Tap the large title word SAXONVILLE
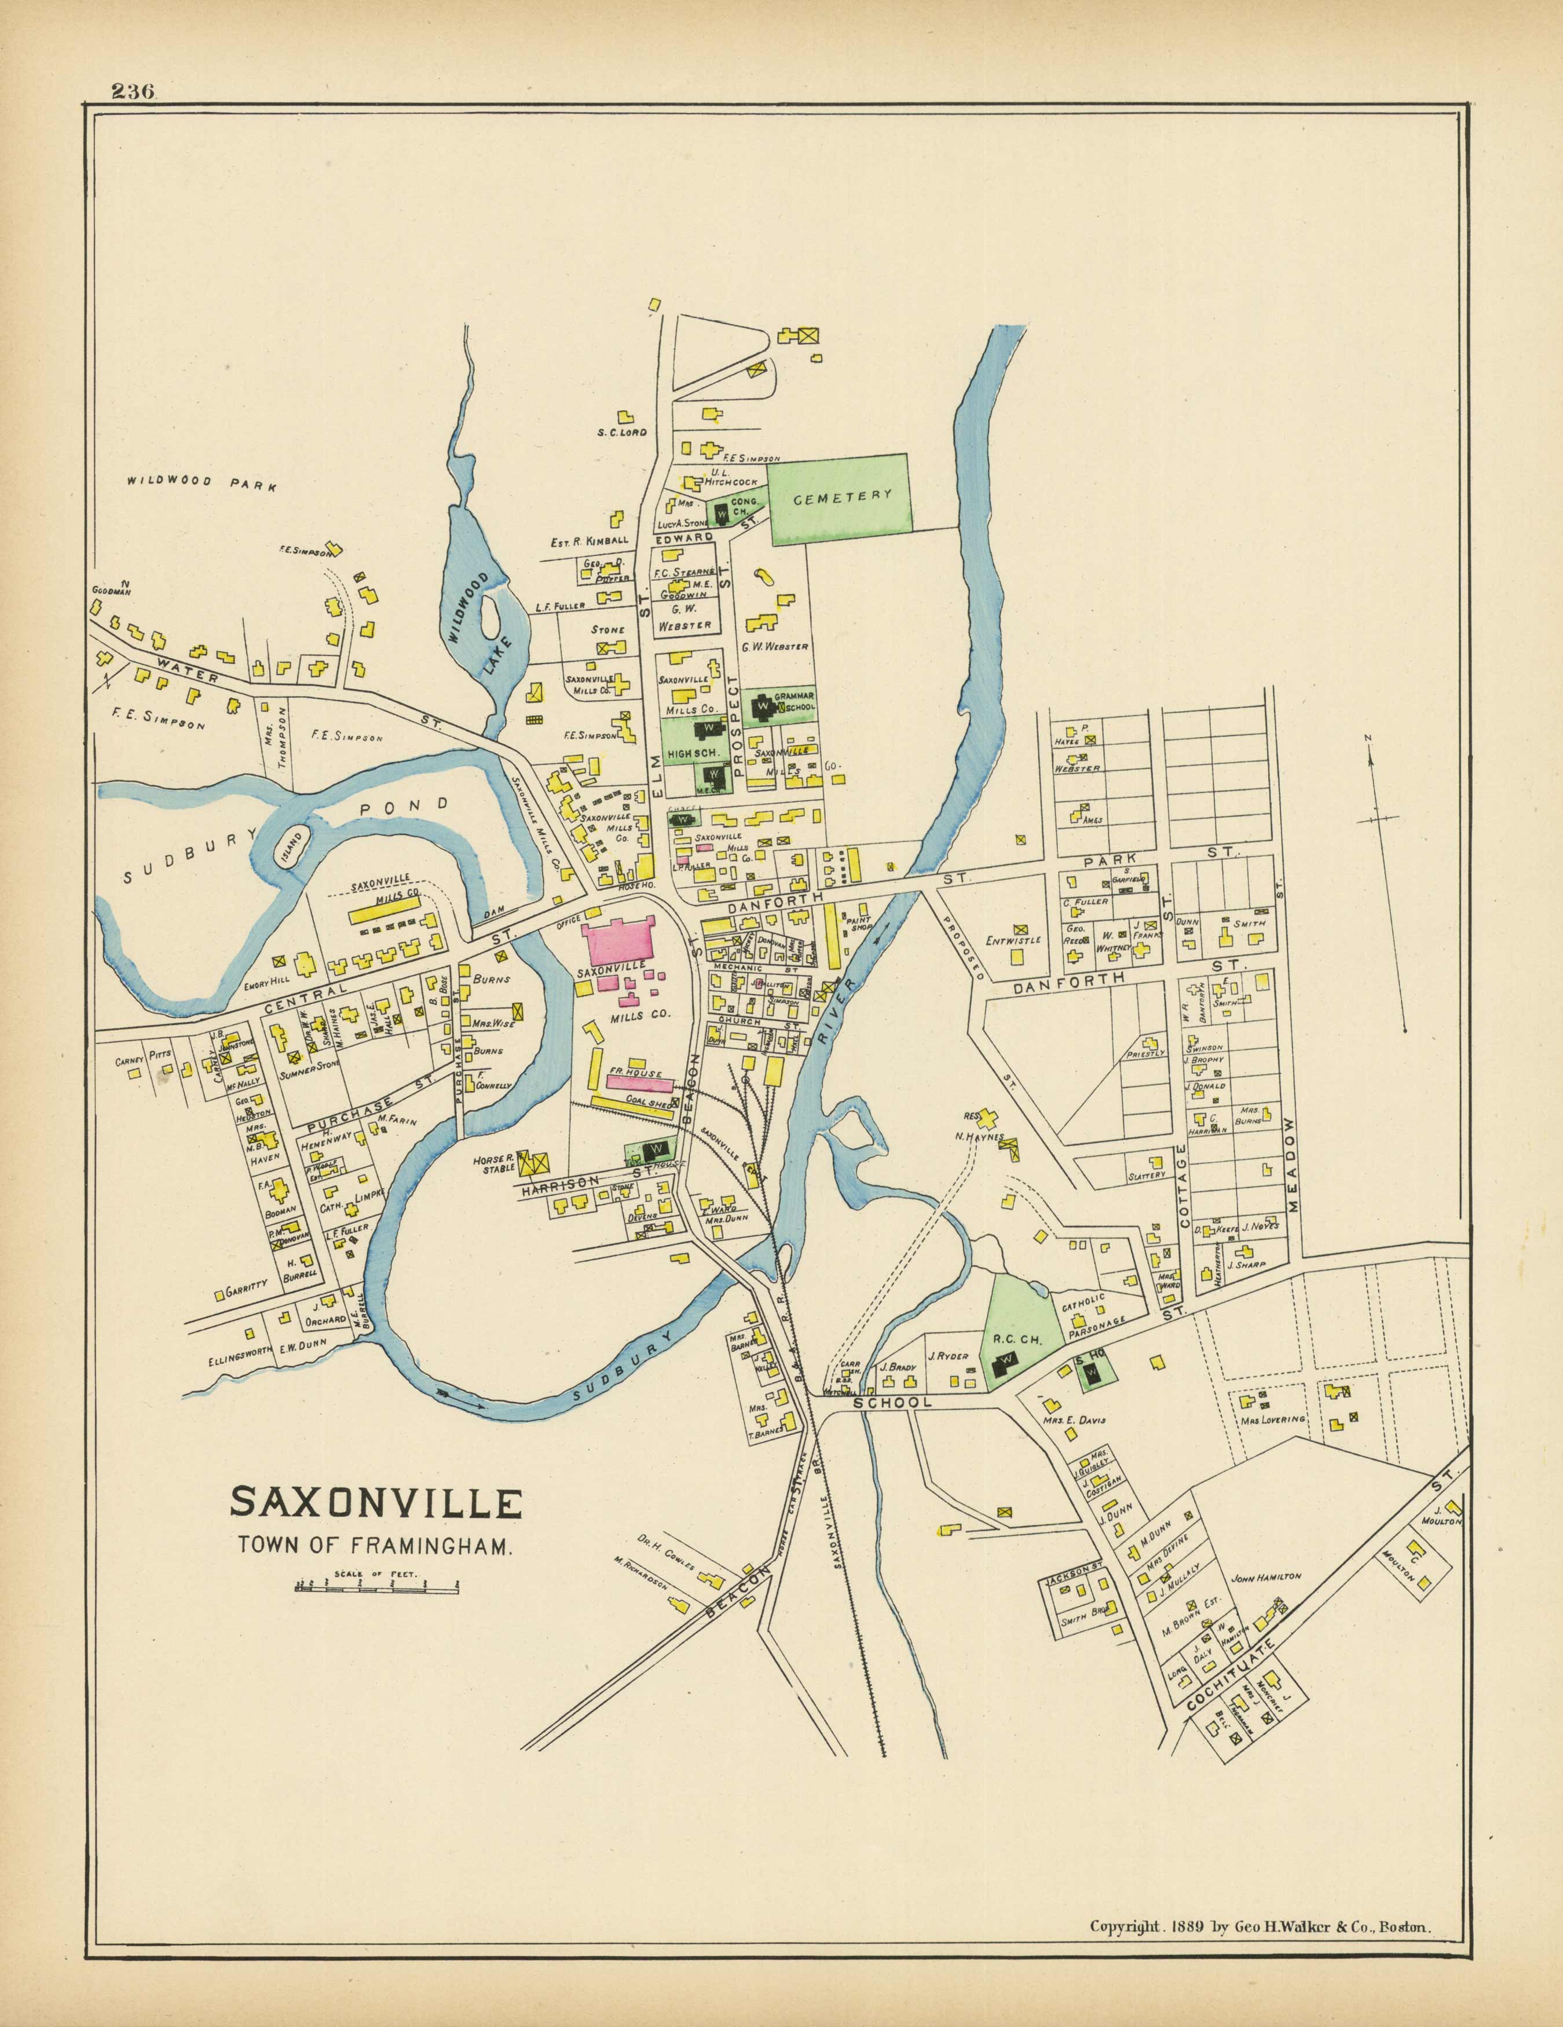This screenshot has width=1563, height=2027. (376, 1502)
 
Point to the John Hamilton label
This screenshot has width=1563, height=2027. (1265, 1576)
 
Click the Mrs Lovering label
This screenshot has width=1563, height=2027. (1272, 1419)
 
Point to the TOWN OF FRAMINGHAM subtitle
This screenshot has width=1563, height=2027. (376, 1545)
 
